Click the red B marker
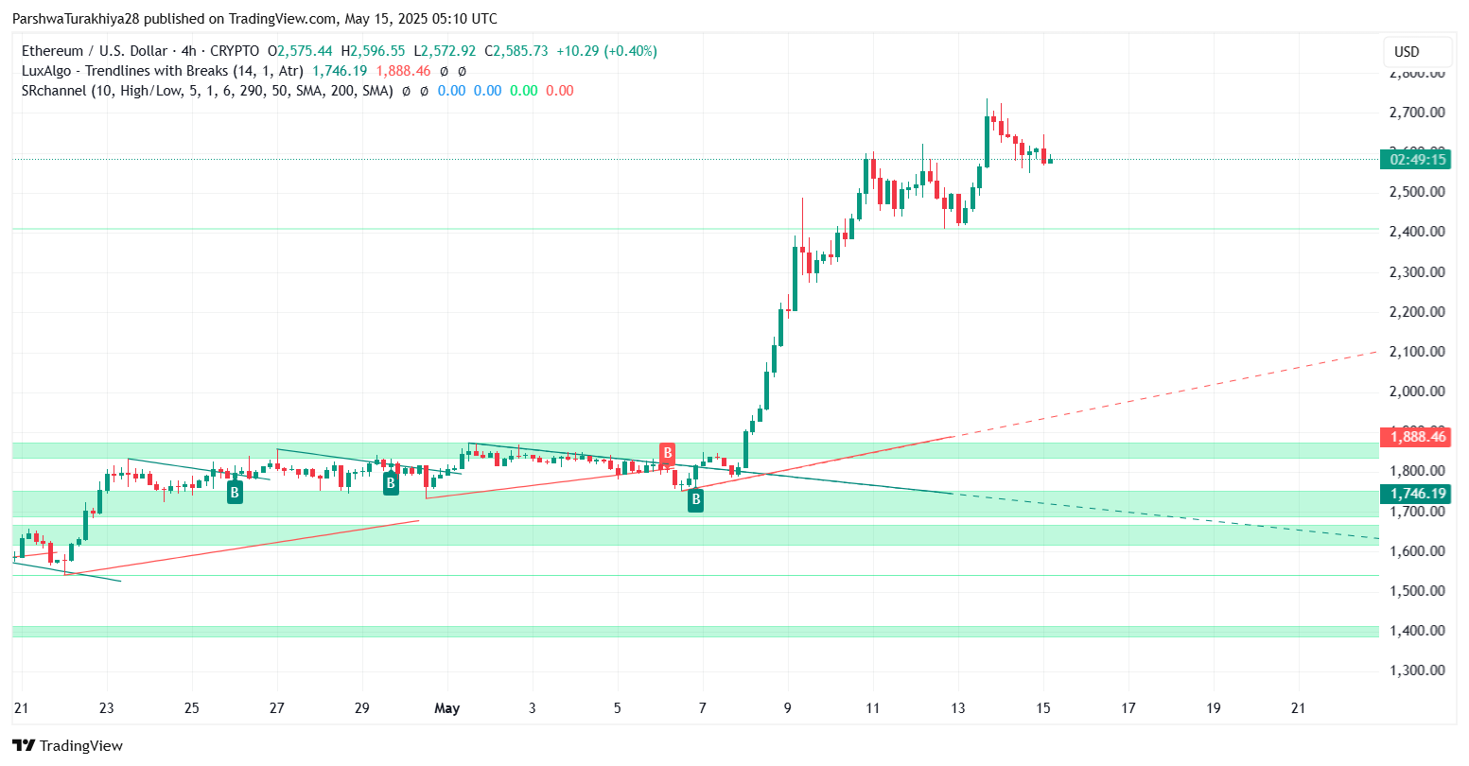667,452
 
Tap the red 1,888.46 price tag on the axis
1413,437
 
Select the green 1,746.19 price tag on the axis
1413,494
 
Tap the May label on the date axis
446,708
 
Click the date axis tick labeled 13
958,708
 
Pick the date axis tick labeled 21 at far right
1299,708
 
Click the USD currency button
1407,52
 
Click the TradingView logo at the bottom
68,745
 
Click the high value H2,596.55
373,51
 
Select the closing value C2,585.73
516,51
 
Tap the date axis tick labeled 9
788,708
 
